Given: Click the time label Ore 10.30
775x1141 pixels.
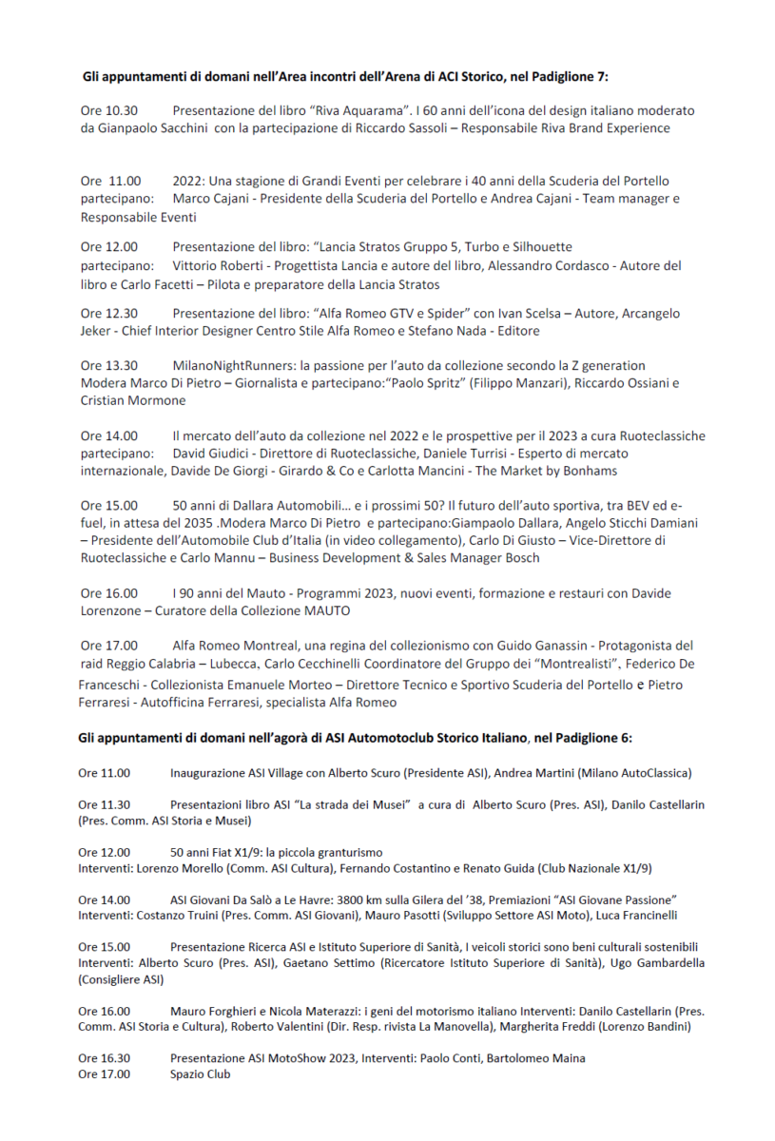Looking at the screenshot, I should [109, 110].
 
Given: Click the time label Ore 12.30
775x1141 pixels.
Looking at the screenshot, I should [109, 313].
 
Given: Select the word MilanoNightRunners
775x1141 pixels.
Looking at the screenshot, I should [232, 365].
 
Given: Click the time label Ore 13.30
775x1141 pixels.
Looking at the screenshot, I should [109, 365].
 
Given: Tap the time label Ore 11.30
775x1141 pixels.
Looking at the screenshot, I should [105, 804].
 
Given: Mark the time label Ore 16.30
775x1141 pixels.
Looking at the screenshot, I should [105, 1057].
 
